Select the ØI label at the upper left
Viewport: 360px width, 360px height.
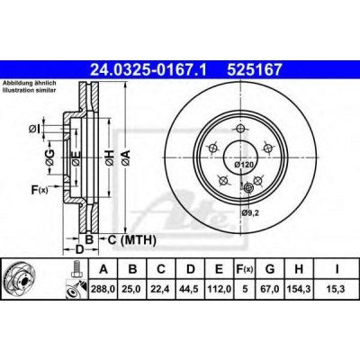(x=33, y=128)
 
